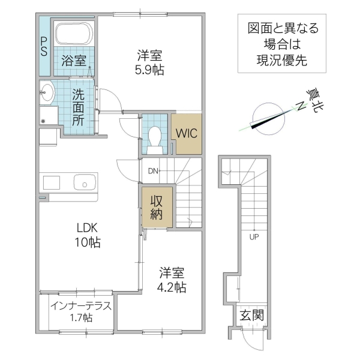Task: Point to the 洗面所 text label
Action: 79,106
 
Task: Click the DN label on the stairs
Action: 153,172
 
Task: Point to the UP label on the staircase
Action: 254,236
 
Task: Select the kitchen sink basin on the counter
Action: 85,182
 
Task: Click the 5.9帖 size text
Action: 149,69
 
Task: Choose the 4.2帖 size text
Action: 171,287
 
